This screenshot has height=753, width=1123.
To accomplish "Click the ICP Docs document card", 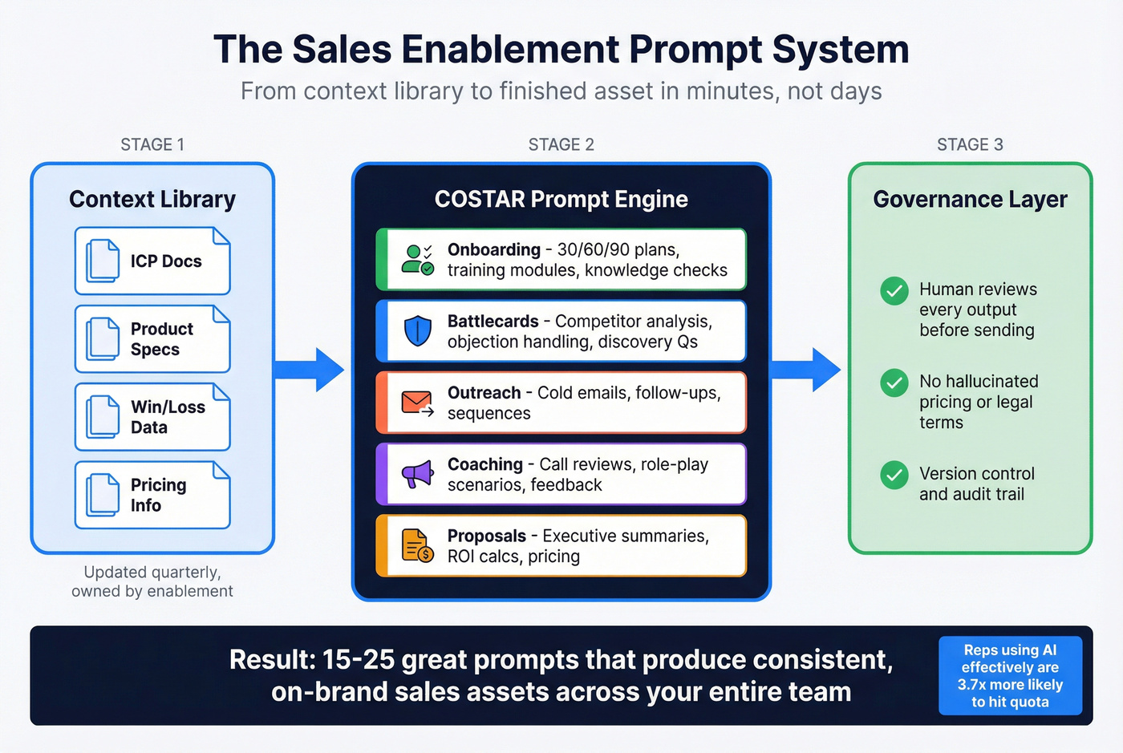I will pyautogui.click(x=152, y=261).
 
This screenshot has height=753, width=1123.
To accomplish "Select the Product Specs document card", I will pyautogui.click(x=152, y=339).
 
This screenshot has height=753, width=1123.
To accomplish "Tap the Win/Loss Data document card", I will pyautogui.click(x=152, y=417).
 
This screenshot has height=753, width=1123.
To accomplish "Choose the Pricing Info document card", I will pyautogui.click(x=152, y=495).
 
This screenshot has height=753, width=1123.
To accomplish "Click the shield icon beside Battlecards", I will pyautogui.click(x=417, y=331).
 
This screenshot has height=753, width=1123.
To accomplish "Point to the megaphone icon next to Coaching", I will pyautogui.click(x=417, y=475).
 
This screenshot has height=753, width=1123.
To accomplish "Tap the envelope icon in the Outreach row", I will pyautogui.click(x=417, y=403).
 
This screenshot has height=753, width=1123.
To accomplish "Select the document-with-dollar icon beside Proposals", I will pyautogui.click(x=417, y=546).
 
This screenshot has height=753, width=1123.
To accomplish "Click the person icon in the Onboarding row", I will pyautogui.click(x=417, y=260).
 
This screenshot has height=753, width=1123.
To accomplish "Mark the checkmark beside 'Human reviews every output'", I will pyautogui.click(x=894, y=290).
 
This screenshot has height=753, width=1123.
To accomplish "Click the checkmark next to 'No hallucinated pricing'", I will pyautogui.click(x=894, y=383).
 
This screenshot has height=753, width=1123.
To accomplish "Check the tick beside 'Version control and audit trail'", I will pyautogui.click(x=894, y=475).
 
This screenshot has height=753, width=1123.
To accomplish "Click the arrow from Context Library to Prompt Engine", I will pyautogui.click(x=311, y=370).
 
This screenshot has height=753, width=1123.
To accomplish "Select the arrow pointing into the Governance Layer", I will pyautogui.click(x=807, y=370).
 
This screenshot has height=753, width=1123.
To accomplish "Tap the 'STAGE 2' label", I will pyautogui.click(x=561, y=144).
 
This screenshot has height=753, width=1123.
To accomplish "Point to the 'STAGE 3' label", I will pyautogui.click(x=970, y=144).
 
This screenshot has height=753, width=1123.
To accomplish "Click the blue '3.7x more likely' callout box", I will pyautogui.click(x=1010, y=675).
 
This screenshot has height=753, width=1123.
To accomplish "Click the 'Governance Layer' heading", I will pyautogui.click(x=970, y=199).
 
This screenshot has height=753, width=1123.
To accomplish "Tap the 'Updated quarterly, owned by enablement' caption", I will pyautogui.click(x=152, y=581).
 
